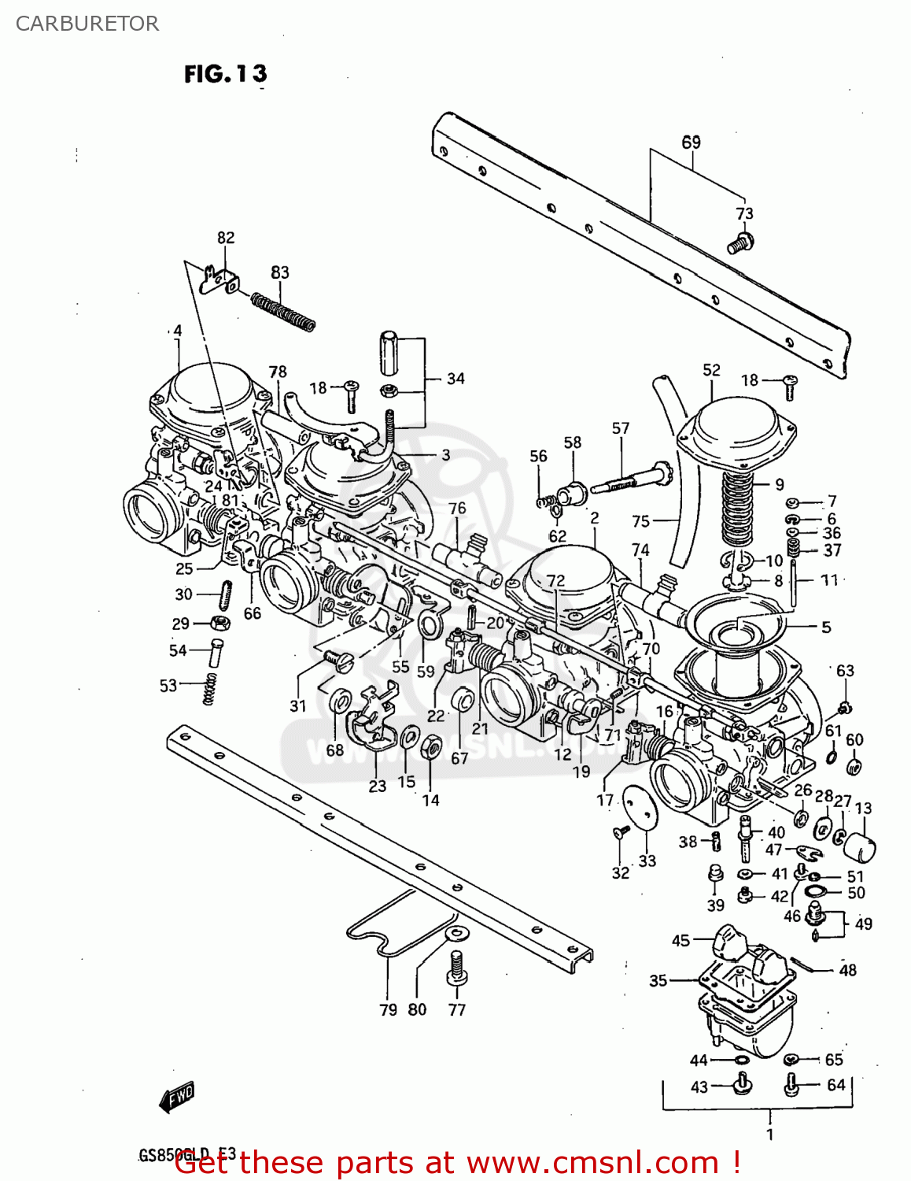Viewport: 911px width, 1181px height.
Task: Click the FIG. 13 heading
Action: coord(225,74)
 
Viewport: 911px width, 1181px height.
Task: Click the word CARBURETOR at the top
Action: coord(87,24)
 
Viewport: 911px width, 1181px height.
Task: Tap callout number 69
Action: coord(691,143)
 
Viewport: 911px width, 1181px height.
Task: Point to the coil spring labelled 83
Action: coord(283,312)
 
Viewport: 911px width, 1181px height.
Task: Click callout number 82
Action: coord(226,238)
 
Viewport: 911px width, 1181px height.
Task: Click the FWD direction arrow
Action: coord(177,1096)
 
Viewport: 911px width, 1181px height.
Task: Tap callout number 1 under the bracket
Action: coord(769,1134)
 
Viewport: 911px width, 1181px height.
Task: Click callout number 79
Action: coord(388,1009)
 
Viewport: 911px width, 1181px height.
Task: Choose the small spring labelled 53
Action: coord(209,690)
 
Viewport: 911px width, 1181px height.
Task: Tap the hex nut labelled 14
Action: coord(431,747)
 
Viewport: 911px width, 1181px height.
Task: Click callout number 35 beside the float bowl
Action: coord(658,980)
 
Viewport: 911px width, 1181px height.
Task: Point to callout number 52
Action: coord(711,370)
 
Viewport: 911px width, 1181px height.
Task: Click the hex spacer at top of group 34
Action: coord(391,354)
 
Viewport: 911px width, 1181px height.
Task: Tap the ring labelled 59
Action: coord(429,627)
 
